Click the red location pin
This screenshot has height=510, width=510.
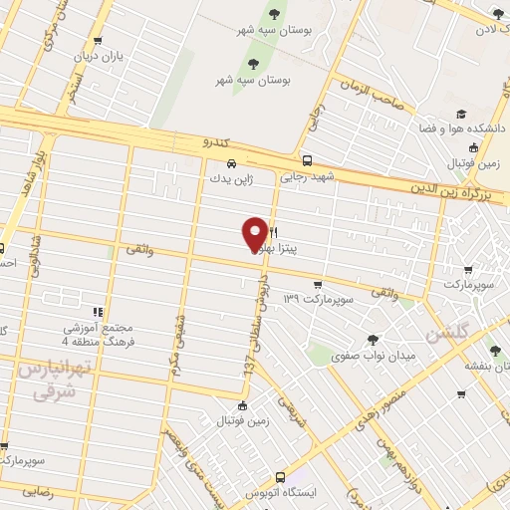tap(255, 233)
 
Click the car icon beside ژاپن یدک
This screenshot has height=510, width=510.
tap(231, 163)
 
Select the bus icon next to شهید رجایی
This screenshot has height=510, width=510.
tap(307, 160)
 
